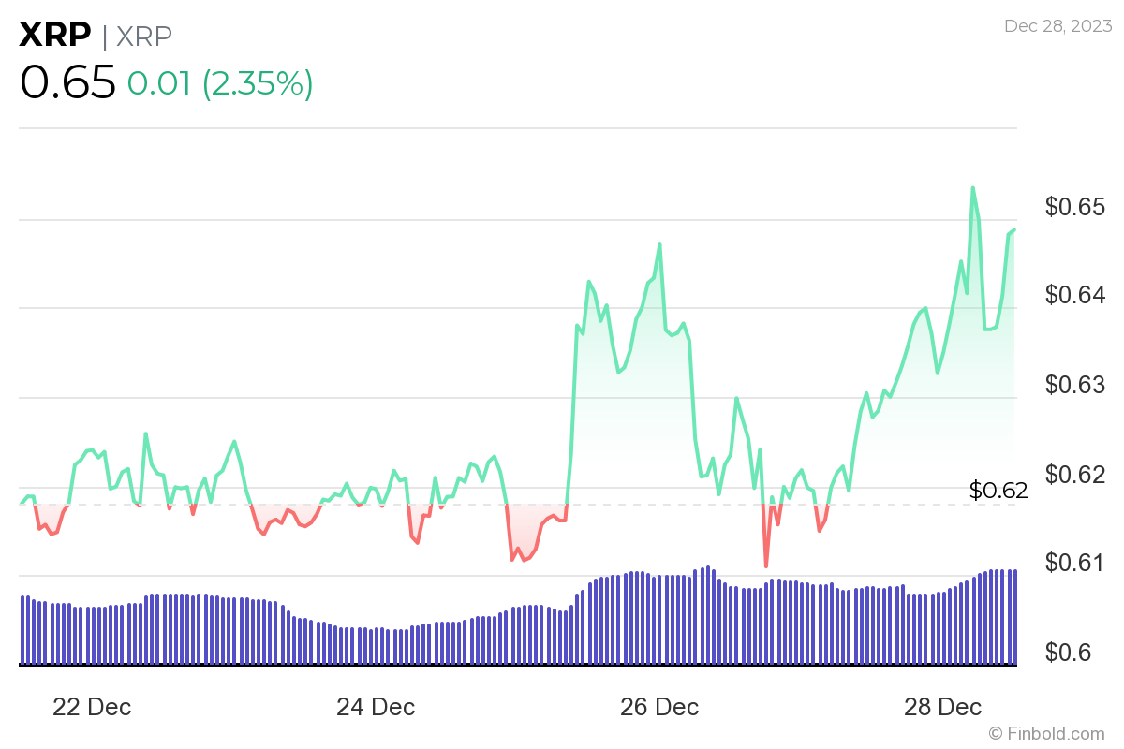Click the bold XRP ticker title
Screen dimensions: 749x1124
pyautogui.click(x=55, y=36)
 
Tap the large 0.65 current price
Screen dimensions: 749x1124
pyautogui.click(x=67, y=83)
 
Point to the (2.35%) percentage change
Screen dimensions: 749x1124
pyautogui.click(x=257, y=84)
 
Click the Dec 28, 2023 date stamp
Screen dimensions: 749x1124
pyautogui.click(x=1057, y=26)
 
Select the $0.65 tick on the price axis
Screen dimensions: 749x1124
pyautogui.click(x=1075, y=206)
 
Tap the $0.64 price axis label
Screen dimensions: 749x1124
pyautogui.click(x=1075, y=295)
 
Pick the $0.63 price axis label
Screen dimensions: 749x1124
pyautogui.click(x=1075, y=385)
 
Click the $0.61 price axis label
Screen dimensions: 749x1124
pyautogui.click(x=1075, y=563)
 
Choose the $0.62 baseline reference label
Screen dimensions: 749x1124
pyautogui.click(x=998, y=490)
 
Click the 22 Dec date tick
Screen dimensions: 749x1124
pyautogui.click(x=92, y=707)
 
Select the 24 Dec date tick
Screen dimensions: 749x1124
pyautogui.click(x=376, y=707)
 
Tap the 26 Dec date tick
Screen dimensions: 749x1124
pyautogui.click(x=659, y=707)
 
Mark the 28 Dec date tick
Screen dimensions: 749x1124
pyautogui.click(x=943, y=707)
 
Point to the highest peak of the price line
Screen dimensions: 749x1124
pyautogui.click(x=972, y=188)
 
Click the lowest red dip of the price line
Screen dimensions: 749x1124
pyautogui.click(x=765, y=565)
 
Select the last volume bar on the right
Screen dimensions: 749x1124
pyautogui.click(x=1014, y=617)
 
